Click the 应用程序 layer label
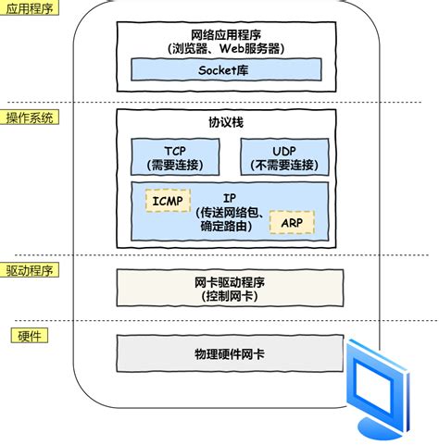click(31, 7)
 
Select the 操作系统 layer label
click(31, 117)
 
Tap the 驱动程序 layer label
click(31, 270)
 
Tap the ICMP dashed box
click(167, 200)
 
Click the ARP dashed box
click(290, 222)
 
